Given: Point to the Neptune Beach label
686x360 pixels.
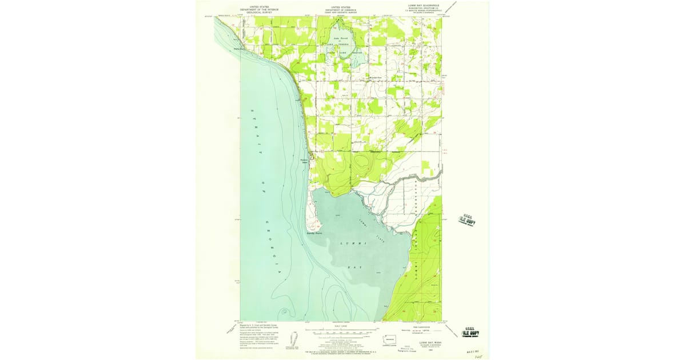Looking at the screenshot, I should [304, 161].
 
